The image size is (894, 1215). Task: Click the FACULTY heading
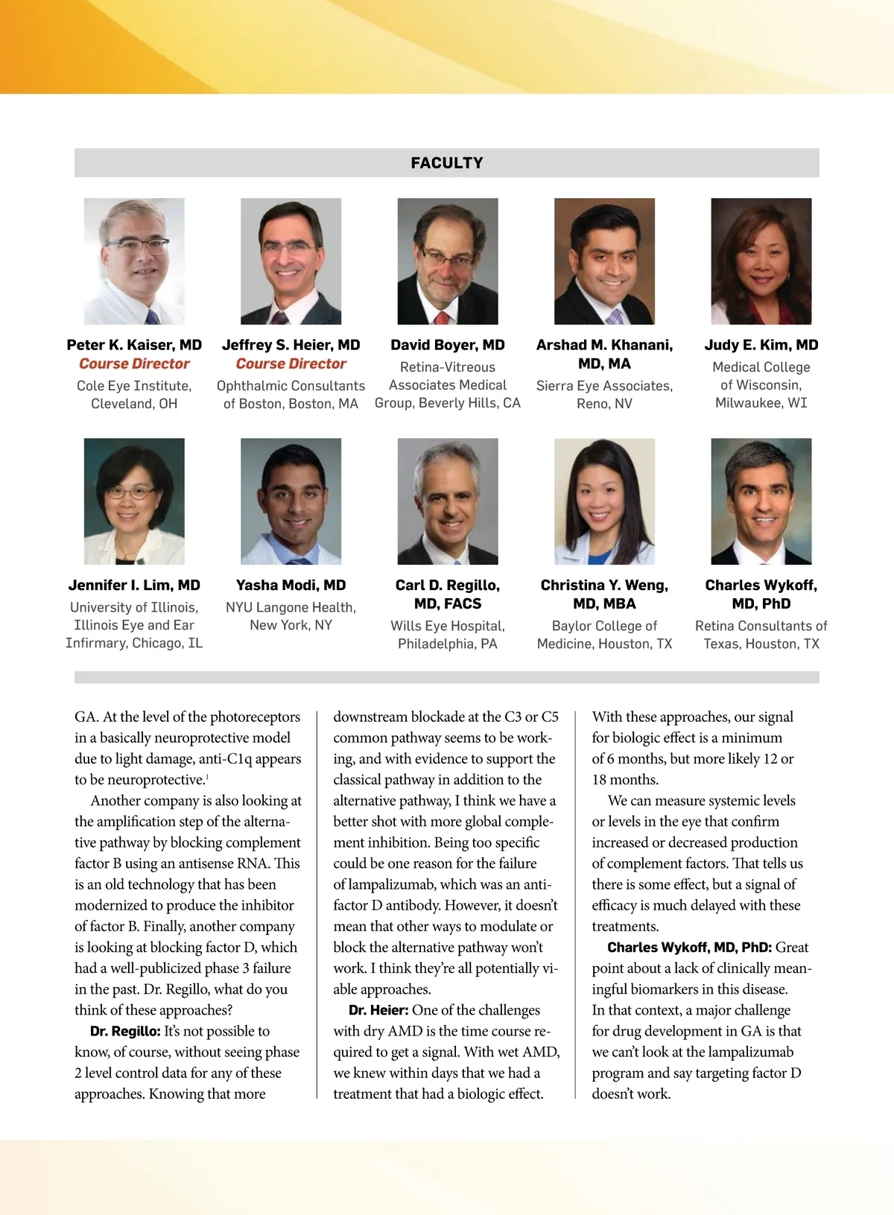click(x=447, y=162)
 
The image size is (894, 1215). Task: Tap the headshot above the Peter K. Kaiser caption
click(x=134, y=261)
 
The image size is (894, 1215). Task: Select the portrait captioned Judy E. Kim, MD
click(x=761, y=261)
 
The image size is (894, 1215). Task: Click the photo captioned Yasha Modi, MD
click(x=291, y=501)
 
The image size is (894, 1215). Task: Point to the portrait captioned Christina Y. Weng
click(x=604, y=501)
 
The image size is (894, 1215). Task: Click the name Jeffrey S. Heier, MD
click(x=291, y=345)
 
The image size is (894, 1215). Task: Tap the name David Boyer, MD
click(x=447, y=345)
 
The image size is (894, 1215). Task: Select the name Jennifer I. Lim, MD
click(x=134, y=585)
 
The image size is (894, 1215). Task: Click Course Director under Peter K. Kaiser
click(x=134, y=364)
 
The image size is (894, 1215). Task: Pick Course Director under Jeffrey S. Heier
click(x=291, y=364)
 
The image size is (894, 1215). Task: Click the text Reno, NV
click(x=604, y=404)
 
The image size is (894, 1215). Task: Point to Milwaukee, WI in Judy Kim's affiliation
click(x=761, y=403)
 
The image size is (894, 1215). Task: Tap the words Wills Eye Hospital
click(x=447, y=626)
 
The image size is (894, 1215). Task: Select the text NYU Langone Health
click(x=291, y=607)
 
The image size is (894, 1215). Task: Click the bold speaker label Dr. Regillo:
click(x=125, y=1032)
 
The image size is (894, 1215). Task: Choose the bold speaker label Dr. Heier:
click(x=378, y=1011)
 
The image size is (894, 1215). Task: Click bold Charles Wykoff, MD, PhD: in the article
click(x=689, y=948)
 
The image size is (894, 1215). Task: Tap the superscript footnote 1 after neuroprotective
click(x=207, y=777)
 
